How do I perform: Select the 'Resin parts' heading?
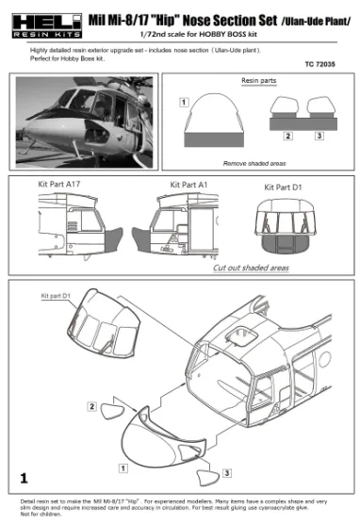coord(259,82)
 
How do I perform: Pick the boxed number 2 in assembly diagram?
coord(92,406)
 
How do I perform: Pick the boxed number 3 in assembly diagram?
coord(227,471)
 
